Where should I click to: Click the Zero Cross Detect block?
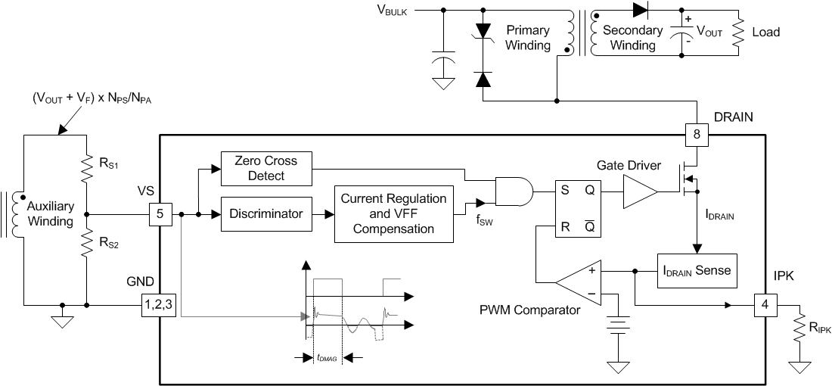[266, 168]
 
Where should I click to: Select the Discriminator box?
[266, 214]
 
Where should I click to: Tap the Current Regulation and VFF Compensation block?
[394, 214]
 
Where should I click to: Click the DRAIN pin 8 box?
[697, 135]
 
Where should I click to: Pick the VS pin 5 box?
[160, 214]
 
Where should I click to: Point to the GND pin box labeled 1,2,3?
[159, 305]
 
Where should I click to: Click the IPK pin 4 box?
[765, 306]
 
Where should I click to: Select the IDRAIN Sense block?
[696, 270]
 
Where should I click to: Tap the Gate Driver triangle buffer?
[639, 191]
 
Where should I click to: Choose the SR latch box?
[578, 208]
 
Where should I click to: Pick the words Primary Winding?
[528, 38]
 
